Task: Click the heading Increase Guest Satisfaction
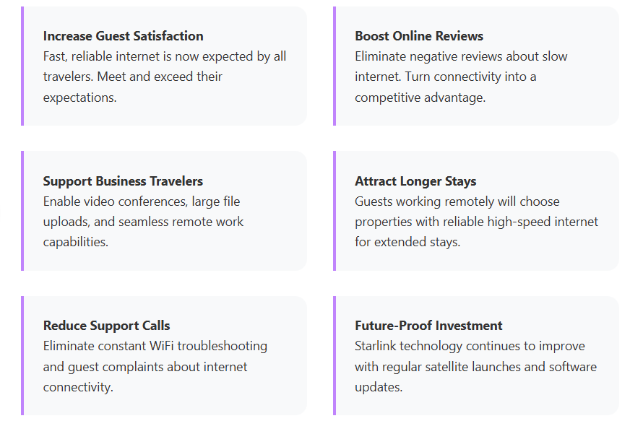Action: coord(123,36)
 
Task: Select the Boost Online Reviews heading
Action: coord(419,36)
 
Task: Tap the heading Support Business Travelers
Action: coord(123,181)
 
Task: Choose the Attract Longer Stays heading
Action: coord(415,181)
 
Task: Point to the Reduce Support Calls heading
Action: coord(106,326)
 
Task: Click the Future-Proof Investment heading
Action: coord(428,326)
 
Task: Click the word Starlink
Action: coord(377,346)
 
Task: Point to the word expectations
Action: coord(79,97)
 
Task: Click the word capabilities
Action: coord(75,242)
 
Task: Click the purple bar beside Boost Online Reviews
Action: coord(335,66)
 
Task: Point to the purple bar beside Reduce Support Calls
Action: coord(22,355)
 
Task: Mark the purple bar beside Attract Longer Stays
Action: coord(335,211)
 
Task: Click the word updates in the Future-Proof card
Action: coord(377,387)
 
